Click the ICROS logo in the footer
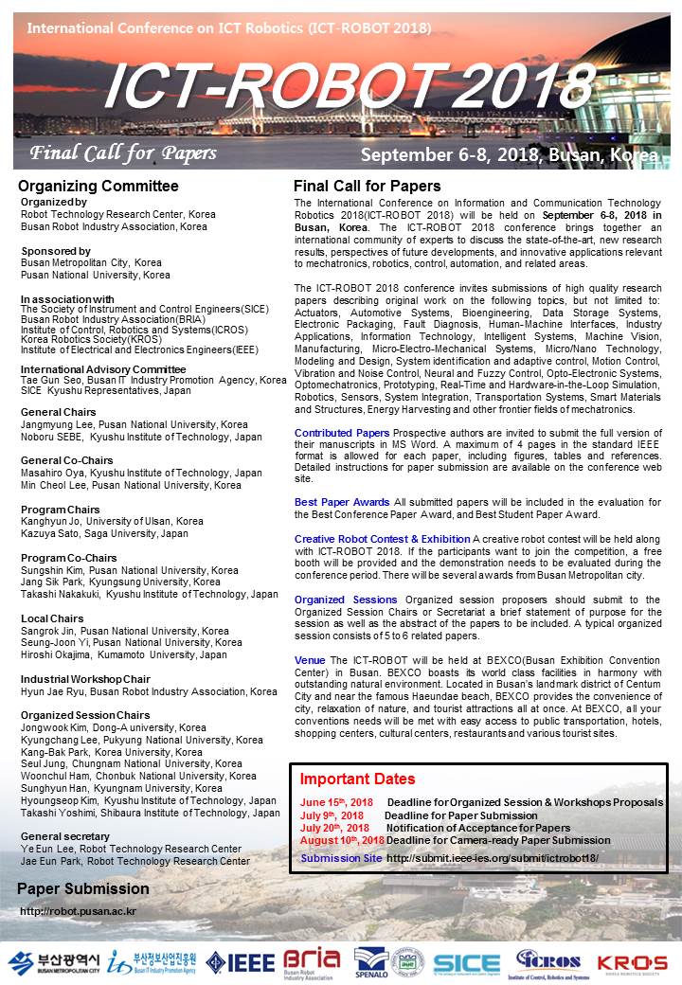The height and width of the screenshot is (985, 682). (x=554, y=961)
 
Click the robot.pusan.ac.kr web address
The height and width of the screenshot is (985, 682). (x=79, y=911)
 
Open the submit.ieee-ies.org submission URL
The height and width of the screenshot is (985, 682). (x=493, y=858)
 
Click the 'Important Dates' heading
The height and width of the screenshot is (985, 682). (x=357, y=779)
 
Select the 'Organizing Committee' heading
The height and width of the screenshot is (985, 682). (x=99, y=186)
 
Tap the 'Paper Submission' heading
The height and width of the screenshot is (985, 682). (x=83, y=889)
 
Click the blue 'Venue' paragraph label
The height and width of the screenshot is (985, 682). (x=310, y=659)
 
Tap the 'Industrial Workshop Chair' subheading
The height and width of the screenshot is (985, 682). (x=85, y=679)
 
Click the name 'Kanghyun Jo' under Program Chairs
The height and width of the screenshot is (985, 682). (x=53, y=521)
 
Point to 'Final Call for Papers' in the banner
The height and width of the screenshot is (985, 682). (x=123, y=153)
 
